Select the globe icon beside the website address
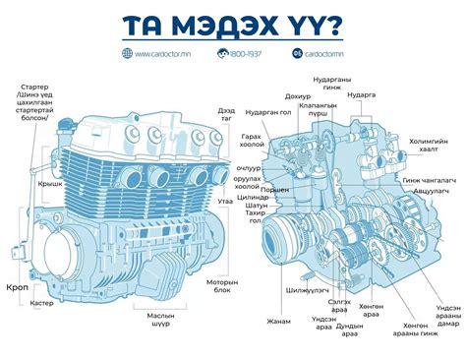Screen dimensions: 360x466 tap(128, 53)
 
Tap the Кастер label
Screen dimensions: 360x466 tap(41, 304)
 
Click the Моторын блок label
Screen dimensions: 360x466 tap(223, 286)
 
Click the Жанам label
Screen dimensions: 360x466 tap(279, 321)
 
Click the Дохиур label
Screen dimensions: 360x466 tap(298, 96)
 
